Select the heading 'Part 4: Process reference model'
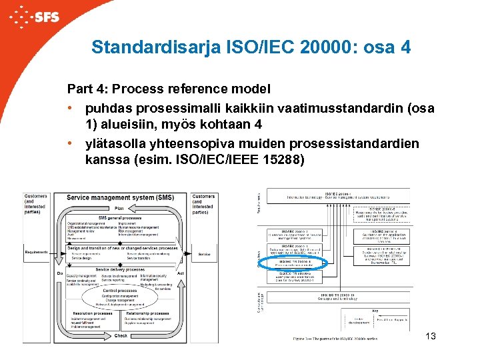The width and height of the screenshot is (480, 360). click(x=168, y=89)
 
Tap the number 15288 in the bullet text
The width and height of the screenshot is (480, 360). click(x=281, y=160)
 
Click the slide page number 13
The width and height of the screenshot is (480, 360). click(x=430, y=336)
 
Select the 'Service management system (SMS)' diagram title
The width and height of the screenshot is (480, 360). click(x=120, y=197)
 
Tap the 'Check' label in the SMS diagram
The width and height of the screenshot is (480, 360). click(x=120, y=336)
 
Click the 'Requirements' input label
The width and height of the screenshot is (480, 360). click(x=37, y=252)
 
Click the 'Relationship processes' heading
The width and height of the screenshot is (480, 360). click(x=147, y=313)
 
